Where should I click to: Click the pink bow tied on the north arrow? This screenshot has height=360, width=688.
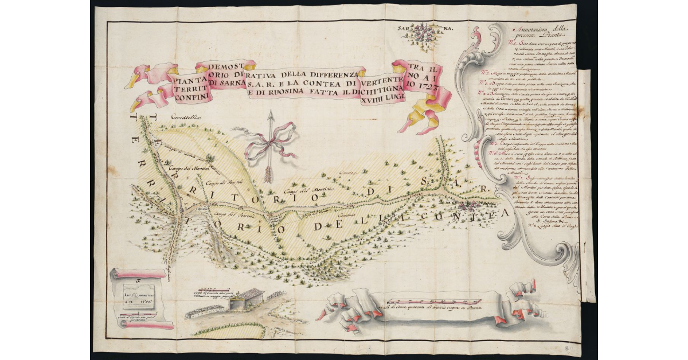[262, 144]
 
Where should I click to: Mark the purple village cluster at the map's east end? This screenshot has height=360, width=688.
[470, 204]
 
